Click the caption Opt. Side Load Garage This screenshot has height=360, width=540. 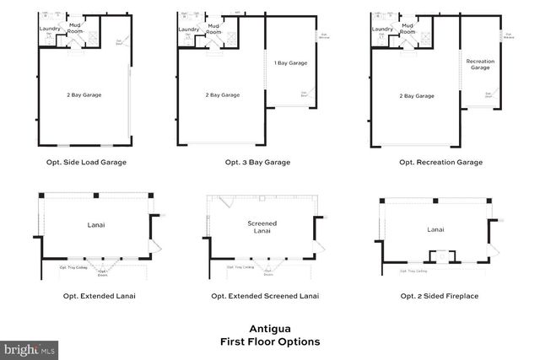[x=87, y=161]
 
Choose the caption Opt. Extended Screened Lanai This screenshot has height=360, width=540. [x=265, y=296]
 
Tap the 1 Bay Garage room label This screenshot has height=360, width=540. [x=289, y=63]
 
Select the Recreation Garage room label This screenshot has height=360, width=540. [x=480, y=64]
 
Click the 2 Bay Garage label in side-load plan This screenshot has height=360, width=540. [x=84, y=95]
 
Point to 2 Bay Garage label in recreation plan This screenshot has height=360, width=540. [x=418, y=96]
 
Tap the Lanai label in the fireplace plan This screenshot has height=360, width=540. [x=435, y=228]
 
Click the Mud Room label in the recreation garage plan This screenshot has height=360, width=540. [x=408, y=29]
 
